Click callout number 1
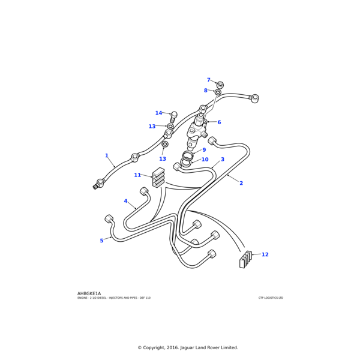107,172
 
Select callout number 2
241,200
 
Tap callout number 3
223,176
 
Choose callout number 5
101,241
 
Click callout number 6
219,139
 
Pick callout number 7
208,80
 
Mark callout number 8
205,91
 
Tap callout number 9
204,167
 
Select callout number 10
205,176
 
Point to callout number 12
265,254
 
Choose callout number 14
158,113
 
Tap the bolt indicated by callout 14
173,116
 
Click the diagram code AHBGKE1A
89,293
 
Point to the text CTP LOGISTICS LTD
271,298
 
